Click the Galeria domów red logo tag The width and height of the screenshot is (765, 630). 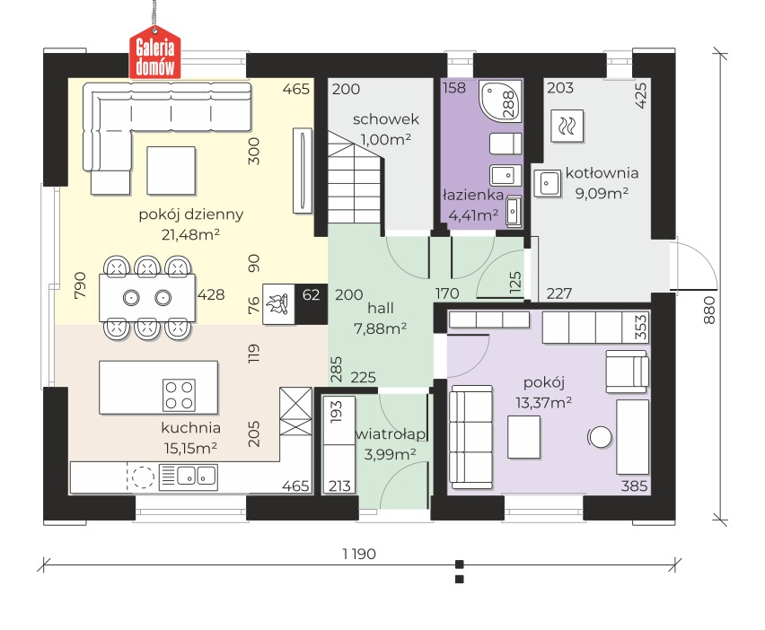[154, 56]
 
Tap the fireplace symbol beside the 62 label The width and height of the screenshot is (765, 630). [278, 304]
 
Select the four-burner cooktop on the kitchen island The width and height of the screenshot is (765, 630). [179, 395]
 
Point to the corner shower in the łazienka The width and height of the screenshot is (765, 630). [500, 101]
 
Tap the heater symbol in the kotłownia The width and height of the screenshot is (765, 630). [567, 127]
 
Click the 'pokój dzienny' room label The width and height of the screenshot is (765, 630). [191, 214]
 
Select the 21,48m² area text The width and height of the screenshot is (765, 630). [190, 234]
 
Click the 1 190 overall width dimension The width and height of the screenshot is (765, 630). [359, 554]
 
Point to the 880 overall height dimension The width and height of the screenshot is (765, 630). [709, 311]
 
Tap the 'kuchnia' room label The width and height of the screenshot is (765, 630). [190, 428]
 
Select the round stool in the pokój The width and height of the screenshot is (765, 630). [600, 437]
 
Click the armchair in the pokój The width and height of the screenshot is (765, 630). [628, 371]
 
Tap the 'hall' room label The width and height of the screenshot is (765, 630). [381, 308]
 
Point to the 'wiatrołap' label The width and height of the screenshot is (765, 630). [391, 434]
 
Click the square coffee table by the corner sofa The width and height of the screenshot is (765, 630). [171, 171]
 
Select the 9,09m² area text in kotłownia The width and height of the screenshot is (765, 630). [602, 193]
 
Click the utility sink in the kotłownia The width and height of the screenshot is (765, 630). [548, 183]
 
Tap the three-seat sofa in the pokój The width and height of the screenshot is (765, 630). [470, 437]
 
